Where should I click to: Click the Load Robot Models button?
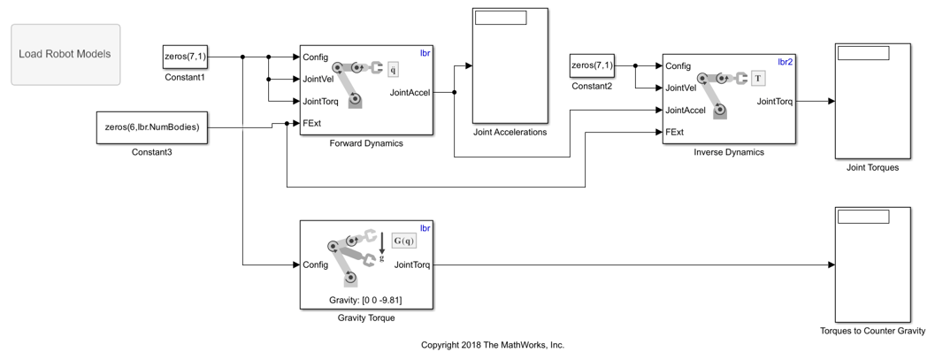[x=65, y=54]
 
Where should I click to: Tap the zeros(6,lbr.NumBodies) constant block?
[x=152, y=126]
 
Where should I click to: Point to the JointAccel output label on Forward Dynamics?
[x=410, y=91]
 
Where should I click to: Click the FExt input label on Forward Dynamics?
[x=312, y=123]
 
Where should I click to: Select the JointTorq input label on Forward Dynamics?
[x=320, y=101]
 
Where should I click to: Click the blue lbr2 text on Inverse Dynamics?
[x=785, y=62]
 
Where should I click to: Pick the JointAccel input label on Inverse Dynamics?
[x=686, y=111]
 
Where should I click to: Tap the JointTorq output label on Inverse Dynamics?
[x=774, y=101]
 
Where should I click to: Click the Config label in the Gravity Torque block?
[x=316, y=264]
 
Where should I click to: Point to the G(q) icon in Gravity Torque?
[x=403, y=241]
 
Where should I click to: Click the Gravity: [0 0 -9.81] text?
[x=366, y=300]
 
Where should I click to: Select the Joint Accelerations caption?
[x=510, y=133]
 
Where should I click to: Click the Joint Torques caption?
[x=872, y=168]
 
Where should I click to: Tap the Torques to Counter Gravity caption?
[x=872, y=333]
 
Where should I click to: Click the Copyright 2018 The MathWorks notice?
[x=493, y=345]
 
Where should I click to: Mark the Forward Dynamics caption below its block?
[x=366, y=143]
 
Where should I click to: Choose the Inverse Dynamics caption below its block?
[x=729, y=152]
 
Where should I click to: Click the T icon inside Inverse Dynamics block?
[x=758, y=79]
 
